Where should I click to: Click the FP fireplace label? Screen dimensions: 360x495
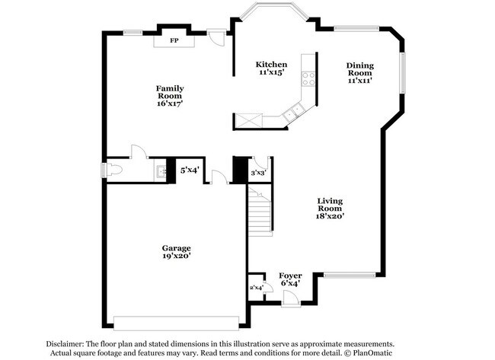tap(174, 40)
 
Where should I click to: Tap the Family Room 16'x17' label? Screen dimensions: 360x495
tap(170, 96)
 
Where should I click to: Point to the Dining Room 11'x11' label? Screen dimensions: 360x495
tap(360, 72)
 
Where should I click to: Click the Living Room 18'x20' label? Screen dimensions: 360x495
tap(331, 209)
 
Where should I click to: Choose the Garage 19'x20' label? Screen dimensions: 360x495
tap(175, 252)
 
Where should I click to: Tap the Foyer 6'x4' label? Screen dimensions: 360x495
tap(289, 279)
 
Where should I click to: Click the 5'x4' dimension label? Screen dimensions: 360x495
tap(189, 170)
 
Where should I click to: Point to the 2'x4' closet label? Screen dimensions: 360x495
tap(256, 287)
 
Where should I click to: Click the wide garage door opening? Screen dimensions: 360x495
tap(176, 318)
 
